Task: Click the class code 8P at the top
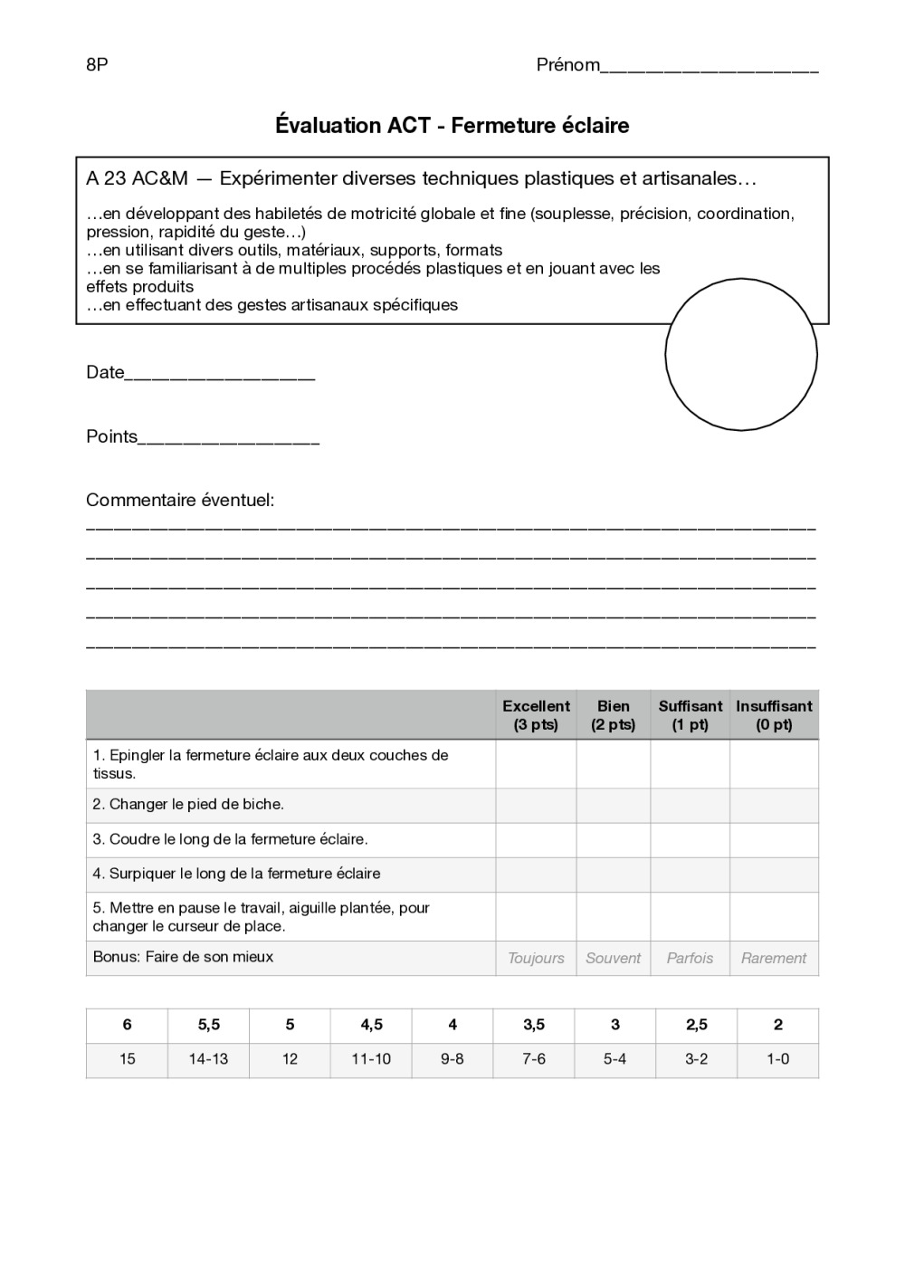(x=97, y=64)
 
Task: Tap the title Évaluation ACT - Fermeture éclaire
(x=452, y=125)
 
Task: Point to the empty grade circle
(x=740, y=354)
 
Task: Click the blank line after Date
(x=219, y=375)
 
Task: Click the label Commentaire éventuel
(x=179, y=500)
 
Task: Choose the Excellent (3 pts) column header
(x=536, y=715)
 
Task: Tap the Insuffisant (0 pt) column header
(x=774, y=715)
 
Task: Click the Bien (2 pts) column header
(x=613, y=715)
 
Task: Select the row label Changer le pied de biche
(x=188, y=804)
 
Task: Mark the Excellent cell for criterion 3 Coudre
(x=536, y=839)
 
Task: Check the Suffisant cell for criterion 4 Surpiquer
(x=690, y=874)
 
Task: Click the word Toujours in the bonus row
(x=536, y=958)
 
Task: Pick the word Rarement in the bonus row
(x=774, y=958)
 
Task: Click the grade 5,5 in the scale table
(x=208, y=1025)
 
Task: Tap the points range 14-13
(x=208, y=1059)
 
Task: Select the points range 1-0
(x=777, y=1059)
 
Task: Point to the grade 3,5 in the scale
(x=534, y=1025)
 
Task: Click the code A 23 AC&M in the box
(x=137, y=178)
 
